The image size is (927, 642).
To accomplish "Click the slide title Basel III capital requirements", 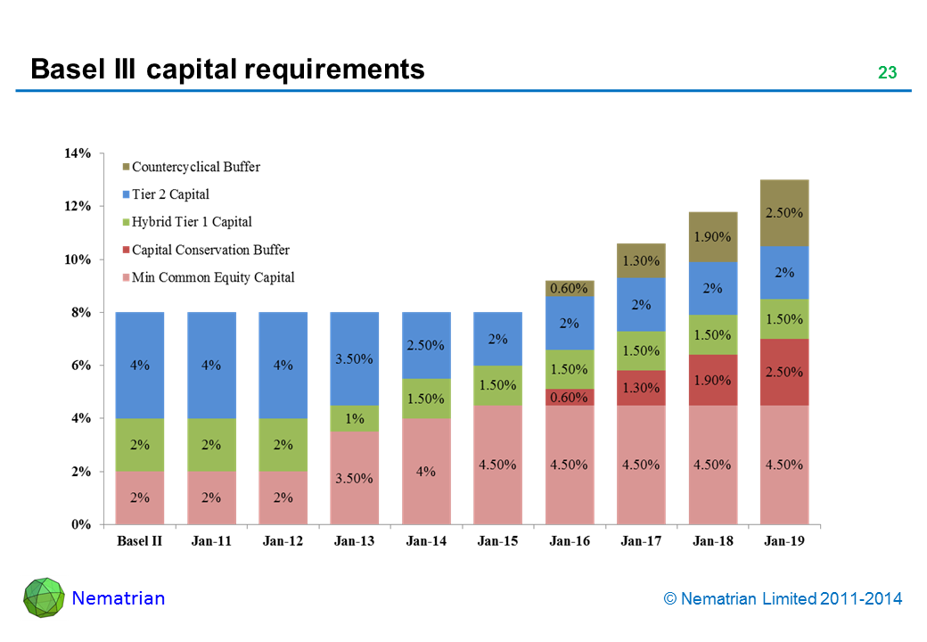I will point(227,69).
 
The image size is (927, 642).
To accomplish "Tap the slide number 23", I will point(886,73).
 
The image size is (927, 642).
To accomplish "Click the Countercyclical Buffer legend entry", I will point(196,167).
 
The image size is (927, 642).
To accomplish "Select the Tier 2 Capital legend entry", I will point(170,194).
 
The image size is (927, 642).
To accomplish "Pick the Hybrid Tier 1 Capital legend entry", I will point(192,222).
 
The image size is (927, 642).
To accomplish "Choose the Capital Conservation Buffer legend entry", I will point(210,250).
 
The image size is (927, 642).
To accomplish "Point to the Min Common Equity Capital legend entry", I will point(213,277).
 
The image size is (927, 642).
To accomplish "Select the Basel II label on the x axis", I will point(139,541).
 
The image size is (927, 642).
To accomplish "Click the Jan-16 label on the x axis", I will point(569,541).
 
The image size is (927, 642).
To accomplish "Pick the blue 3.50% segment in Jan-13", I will point(355,359).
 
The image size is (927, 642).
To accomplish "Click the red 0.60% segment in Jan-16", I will point(569,397).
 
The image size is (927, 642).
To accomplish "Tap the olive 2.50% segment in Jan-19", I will point(784,213).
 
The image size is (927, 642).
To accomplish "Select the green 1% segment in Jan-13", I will point(355,419).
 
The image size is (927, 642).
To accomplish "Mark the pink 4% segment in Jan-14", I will point(426,472).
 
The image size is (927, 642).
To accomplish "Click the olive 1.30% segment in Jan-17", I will point(641,261).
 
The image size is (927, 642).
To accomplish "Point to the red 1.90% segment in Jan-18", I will point(712,380).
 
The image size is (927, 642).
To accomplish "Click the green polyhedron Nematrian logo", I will point(43,598).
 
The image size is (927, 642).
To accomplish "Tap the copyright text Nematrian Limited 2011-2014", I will point(783,599).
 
